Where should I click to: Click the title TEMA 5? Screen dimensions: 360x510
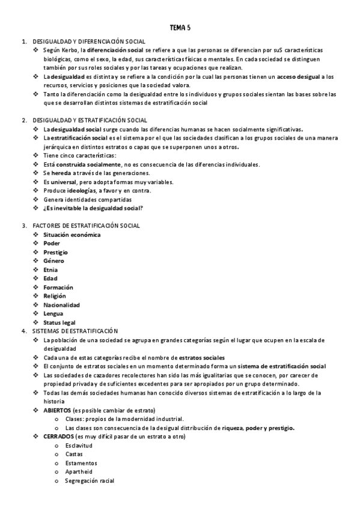coord(180,28)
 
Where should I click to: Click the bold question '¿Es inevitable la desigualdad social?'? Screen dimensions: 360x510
coord(93,208)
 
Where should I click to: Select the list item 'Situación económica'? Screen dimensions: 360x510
coord(72,235)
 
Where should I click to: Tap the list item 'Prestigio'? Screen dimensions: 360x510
coord(56,252)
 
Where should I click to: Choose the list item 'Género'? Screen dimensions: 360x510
coord(53,261)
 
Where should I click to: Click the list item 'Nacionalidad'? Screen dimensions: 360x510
coord(61,305)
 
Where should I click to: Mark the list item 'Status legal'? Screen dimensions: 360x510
coord(59,322)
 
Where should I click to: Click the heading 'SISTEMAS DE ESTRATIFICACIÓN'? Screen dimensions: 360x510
coord(75,331)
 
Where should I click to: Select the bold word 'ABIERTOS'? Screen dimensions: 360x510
coord(57,410)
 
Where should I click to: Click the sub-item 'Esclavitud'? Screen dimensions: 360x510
coord(79,445)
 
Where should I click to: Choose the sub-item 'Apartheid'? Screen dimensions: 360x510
coord(78,472)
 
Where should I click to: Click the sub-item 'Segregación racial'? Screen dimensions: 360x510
coord(90,481)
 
